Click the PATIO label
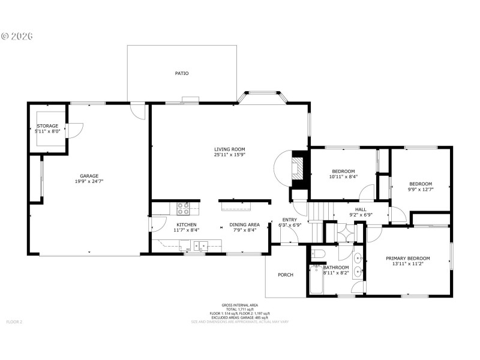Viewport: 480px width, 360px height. coord(181,73)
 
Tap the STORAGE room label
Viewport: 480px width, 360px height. coord(47,126)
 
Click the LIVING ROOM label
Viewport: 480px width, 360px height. coord(230,149)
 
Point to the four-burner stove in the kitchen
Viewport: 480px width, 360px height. coord(184,208)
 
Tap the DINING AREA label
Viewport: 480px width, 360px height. coord(244,224)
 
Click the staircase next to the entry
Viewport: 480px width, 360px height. coord(320,211)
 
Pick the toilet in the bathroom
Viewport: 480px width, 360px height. coord(318,253)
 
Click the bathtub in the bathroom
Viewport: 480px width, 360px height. coord(316,280)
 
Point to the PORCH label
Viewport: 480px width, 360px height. coord(286,275)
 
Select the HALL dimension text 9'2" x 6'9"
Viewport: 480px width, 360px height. coord(361,215)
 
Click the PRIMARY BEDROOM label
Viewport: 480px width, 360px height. coord(408,258)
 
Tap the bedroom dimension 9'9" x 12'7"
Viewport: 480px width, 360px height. coord(421,190)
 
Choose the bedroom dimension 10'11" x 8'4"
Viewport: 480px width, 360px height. coord(343,176)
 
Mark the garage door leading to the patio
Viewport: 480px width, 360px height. coord(139,110)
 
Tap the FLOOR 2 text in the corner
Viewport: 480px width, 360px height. coord(14,322)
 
